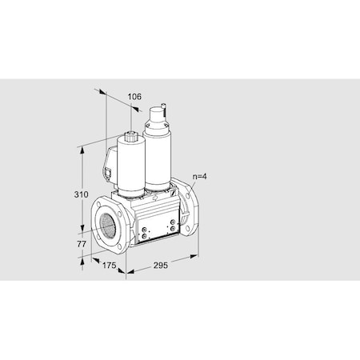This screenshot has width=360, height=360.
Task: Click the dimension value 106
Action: tap(135, 97)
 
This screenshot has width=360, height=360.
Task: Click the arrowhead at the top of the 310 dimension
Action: tap(82, 149)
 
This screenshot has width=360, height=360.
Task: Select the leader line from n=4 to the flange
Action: tap(193, 185)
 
